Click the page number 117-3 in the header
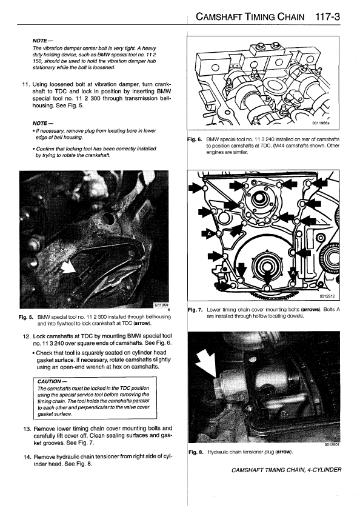click(x=328, y=17)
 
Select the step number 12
click(x=27, y=336)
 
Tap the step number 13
click(x=27, y=429)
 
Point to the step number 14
click(x=27, y=457)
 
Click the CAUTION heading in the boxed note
click(x=50, y=381)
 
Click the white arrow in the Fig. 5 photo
click(x=69, y=267)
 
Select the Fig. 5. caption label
click(x=26, y=317)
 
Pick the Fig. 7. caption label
click(x=195, y=309)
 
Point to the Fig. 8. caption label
click(x=196, y=452)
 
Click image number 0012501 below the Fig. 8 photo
click(x=332, y=445)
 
